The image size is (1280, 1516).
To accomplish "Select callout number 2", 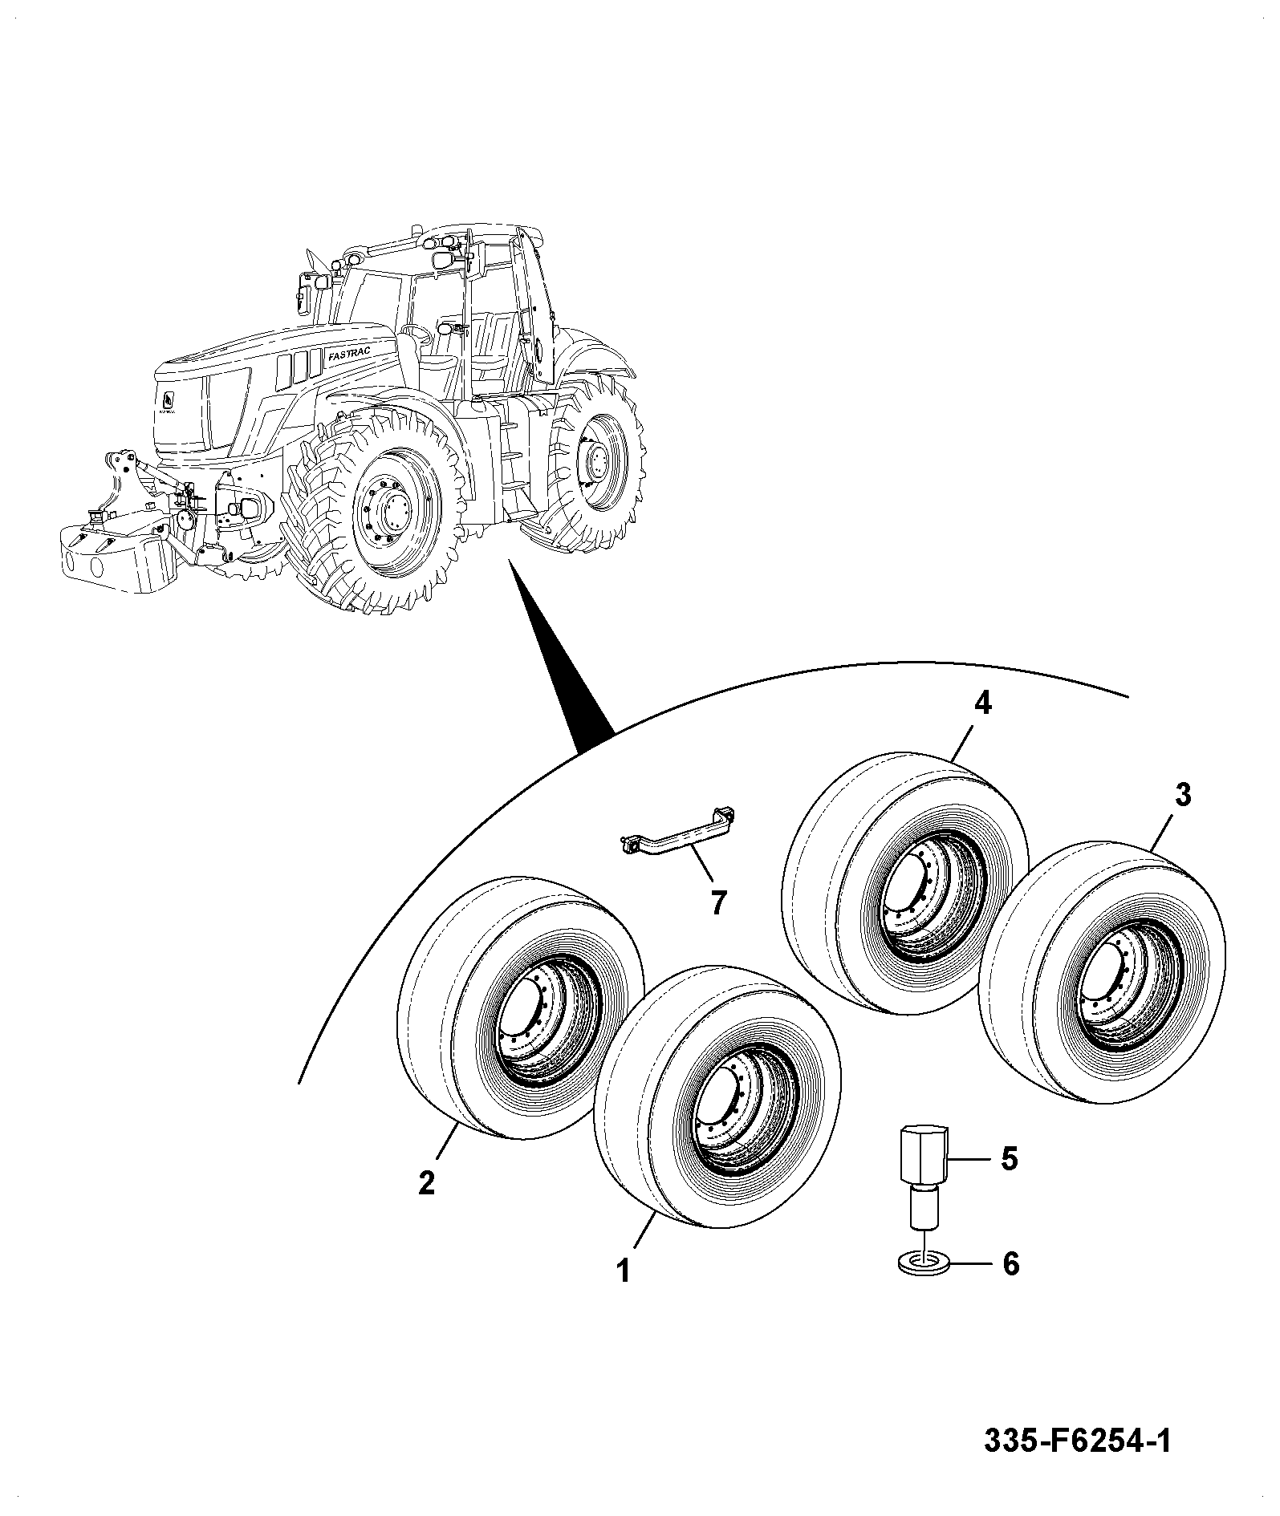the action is pos(427,1182).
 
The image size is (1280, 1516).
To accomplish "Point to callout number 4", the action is pos(982,703).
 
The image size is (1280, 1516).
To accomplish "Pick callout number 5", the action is pos(1010,1158).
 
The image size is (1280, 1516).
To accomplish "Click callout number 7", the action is pos(718,904).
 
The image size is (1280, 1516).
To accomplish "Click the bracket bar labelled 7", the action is pos(679,835).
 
